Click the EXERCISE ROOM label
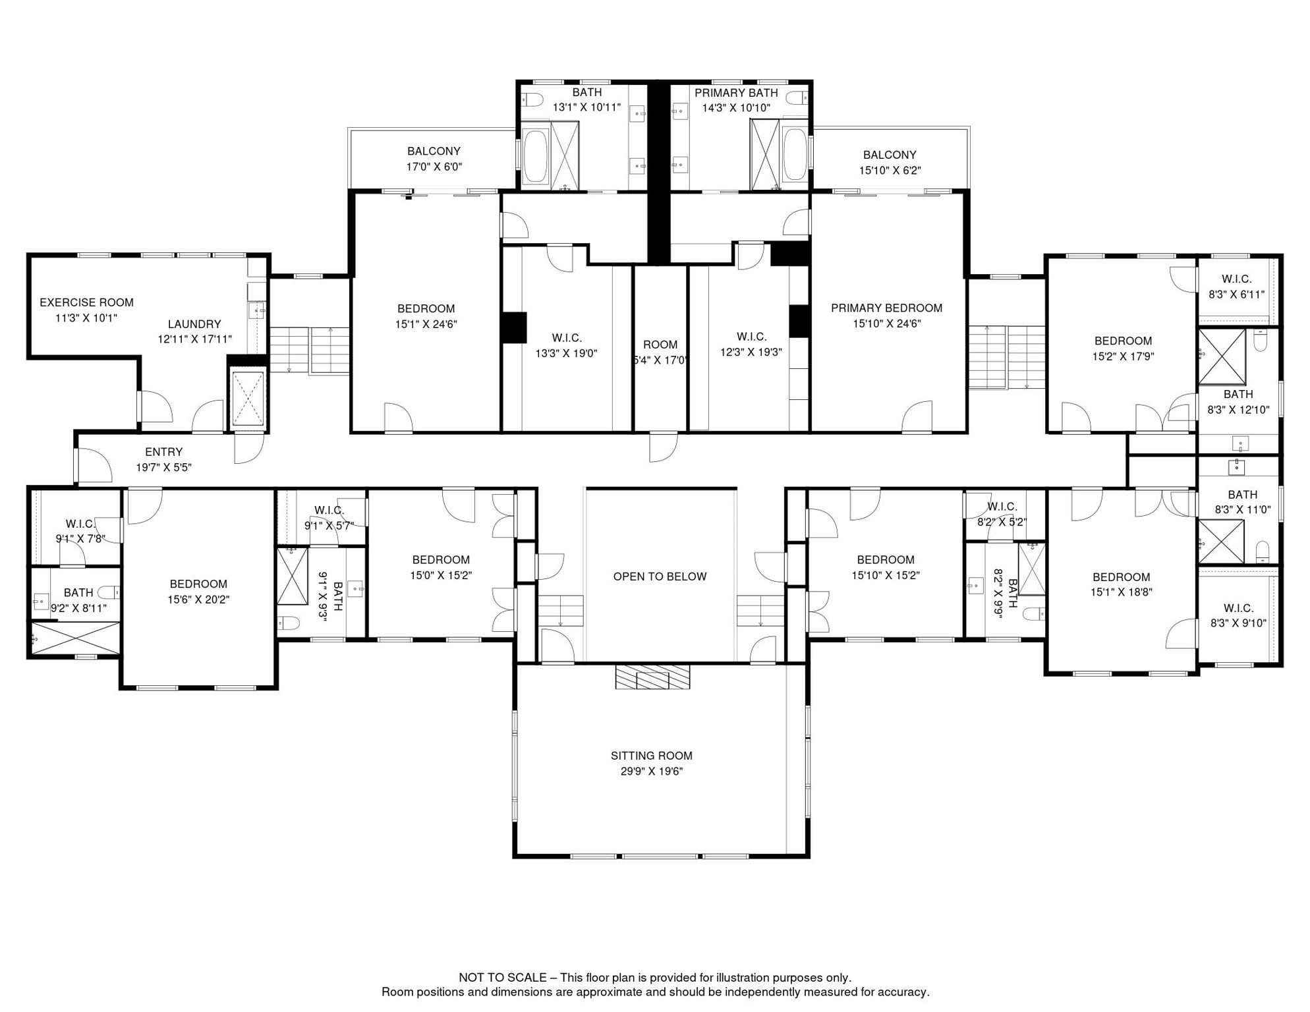86,302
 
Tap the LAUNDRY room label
194,324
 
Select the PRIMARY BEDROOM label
886,308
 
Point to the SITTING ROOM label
651,756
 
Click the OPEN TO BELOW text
660,576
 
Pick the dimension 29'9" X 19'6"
651,772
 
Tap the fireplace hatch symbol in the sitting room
652,677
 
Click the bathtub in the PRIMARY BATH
795,155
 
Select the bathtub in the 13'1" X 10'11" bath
535,156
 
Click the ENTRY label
163,452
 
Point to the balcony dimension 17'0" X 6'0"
434,167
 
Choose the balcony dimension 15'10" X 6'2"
890,171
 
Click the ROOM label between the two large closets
660,345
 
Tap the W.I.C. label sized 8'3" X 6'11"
1236,279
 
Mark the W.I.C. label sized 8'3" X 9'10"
1238,608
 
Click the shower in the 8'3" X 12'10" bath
1222,356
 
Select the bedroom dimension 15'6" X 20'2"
198,600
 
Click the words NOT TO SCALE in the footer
503,978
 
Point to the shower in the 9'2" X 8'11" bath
74,638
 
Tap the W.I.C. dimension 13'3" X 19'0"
567,353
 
